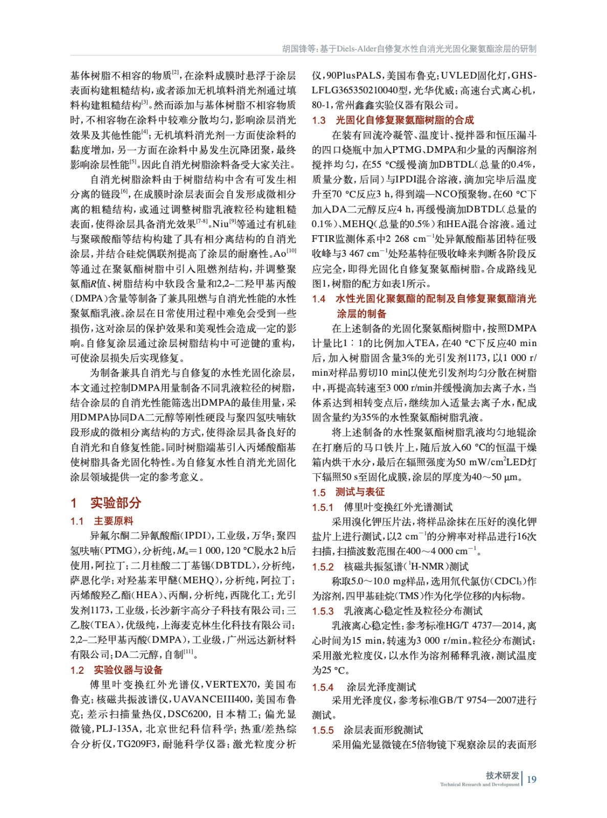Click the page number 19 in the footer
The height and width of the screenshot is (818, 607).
[x=531, y=779]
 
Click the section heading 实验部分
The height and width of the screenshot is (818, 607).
[x=116, y=503]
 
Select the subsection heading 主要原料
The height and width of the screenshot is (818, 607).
[x=114, y=521]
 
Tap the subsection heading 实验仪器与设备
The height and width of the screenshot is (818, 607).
[x=128, y=670]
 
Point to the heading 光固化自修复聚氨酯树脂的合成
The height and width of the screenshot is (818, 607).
[x=405, y=120]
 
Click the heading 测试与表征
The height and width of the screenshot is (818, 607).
[x=360, y=492]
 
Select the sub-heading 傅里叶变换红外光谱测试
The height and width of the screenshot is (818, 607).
[x=398, y=507]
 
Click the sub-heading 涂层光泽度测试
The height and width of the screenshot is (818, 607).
[x=381, y=687]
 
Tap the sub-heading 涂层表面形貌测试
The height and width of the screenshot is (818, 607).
[x=383, y=730]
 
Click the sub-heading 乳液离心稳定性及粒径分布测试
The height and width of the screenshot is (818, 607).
[x=413, y=611]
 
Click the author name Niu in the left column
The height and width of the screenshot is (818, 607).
[x=220, y=224]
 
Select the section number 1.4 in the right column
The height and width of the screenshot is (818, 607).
[x=319, y=299]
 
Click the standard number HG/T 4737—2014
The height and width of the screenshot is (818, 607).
[x=485, y=626]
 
